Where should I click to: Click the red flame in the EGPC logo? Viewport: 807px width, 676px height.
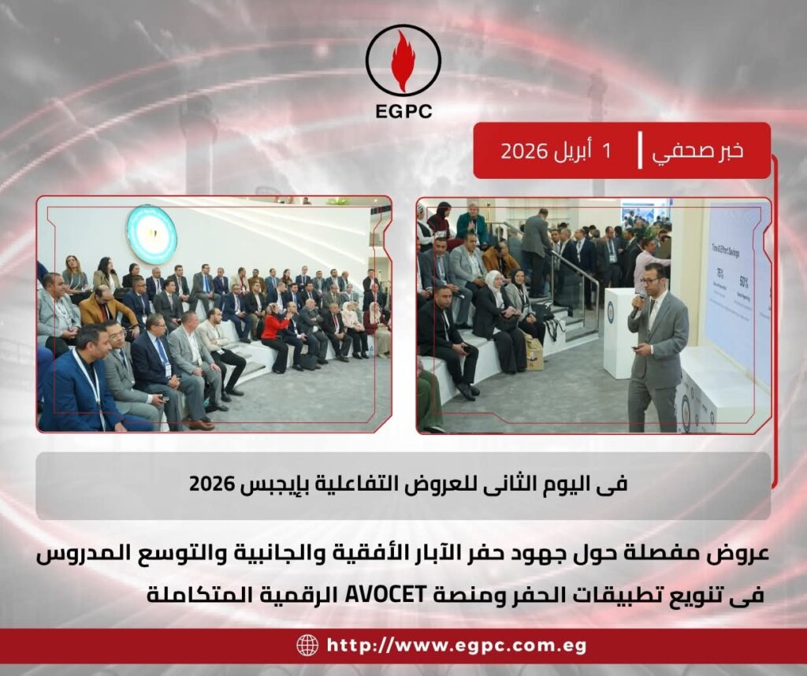tap(403, 61)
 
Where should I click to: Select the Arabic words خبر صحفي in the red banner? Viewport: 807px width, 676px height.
tap(698, 150)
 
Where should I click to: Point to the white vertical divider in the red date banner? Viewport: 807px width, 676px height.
tap(639, 150)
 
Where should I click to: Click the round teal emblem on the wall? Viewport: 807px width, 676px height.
tap(151, 234)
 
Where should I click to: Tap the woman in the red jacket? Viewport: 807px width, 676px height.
tap(276, 335)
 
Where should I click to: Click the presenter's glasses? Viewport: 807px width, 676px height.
tap(650, 279)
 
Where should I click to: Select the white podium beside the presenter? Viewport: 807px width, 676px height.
tap(620, 331)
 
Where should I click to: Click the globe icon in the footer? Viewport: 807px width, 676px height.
tap(307, 645)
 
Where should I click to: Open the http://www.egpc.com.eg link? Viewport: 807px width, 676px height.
tap(456, 646)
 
